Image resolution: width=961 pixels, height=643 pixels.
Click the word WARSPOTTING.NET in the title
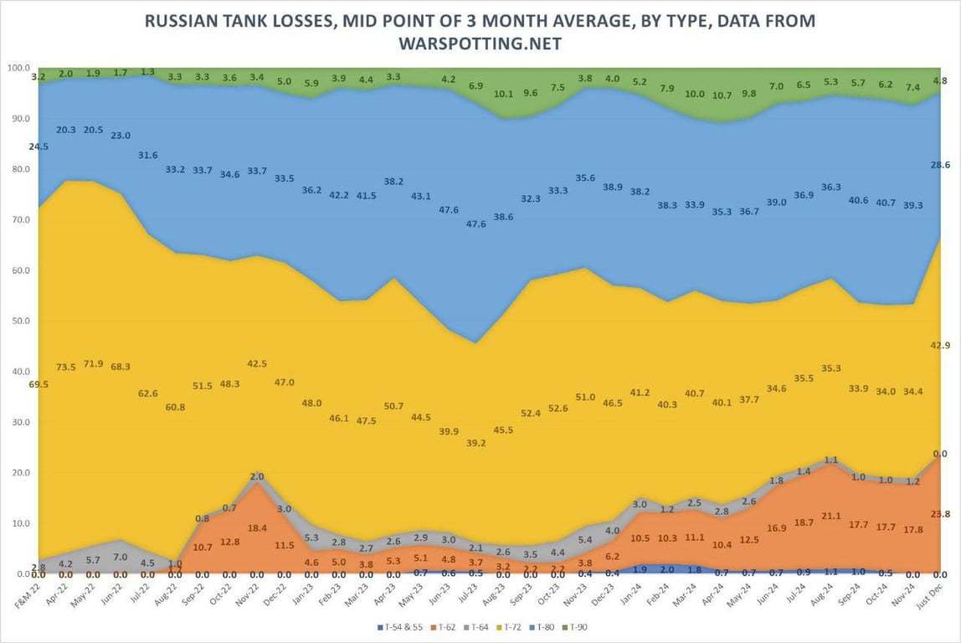click(480, 42)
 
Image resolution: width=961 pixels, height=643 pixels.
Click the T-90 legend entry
click(578, 626)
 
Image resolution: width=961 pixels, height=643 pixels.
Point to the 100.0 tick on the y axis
click(18, 68)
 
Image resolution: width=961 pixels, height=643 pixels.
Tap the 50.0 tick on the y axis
click(18, 321)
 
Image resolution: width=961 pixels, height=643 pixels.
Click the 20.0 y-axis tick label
click(18, 473)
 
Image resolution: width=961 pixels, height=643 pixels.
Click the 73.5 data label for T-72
click(66, 367)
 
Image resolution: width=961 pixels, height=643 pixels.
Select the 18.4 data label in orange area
click(257, 527)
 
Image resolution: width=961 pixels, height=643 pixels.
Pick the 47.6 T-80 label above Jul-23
click(476, 224)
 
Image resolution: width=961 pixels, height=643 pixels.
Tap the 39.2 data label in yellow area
click(476, 443)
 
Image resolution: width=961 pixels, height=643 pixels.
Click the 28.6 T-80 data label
click(939, 166)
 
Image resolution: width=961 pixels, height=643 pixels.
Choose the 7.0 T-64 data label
click(121, 556)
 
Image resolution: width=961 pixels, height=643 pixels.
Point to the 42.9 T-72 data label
click(939, 345)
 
